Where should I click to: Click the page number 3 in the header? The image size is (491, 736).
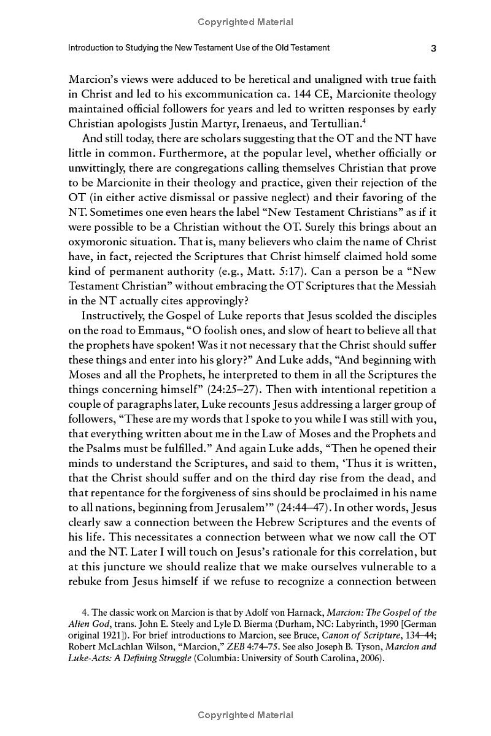pyautogui.click(x=433, y=48)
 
